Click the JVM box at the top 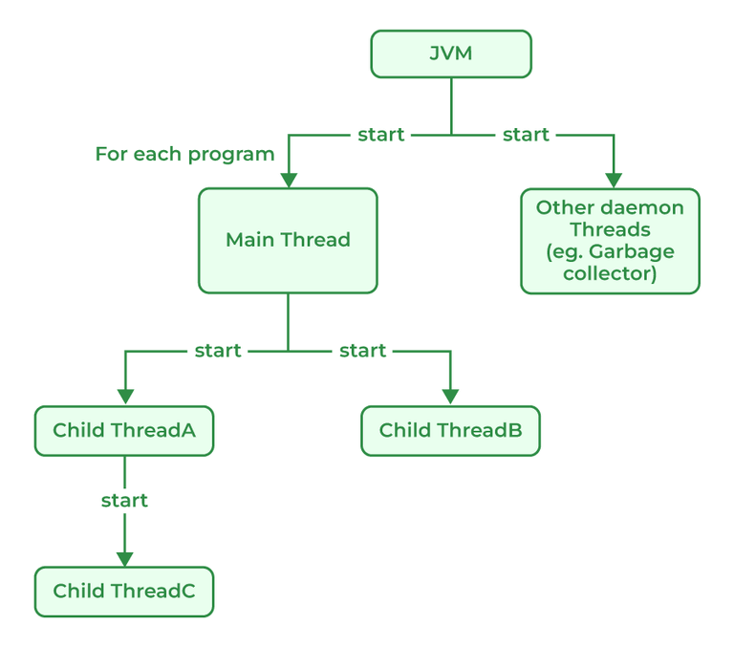coord(450,54)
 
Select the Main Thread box coord(288,240)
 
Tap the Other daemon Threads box coord(610,241)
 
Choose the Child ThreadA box coord(124,430)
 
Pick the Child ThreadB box coord(450,430)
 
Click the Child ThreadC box coord(124,592)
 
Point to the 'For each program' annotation coord(184,154)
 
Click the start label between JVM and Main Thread coord(380,135)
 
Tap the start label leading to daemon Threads coord(525,135)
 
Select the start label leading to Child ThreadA coord(218,351)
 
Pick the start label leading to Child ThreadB coord(362,351)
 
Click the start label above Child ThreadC coord(124,501)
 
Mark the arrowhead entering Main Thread coord(288,180)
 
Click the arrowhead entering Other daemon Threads coord(614,180)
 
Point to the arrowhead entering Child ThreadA coord(124,397)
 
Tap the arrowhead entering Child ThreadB coord(450,397)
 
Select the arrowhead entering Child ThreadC coord(124,559)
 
